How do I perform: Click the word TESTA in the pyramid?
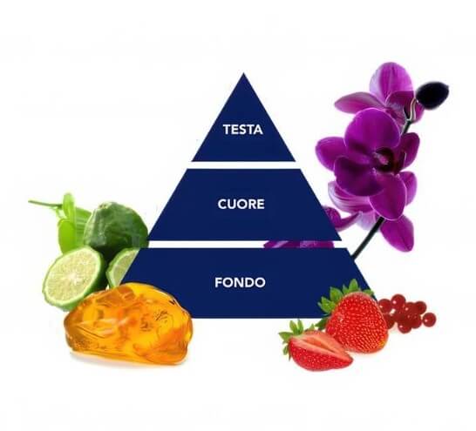(243, 130)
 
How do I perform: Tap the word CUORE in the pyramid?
(241, 204)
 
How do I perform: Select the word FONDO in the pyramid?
(240, 282)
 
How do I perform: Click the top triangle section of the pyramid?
(243, 127)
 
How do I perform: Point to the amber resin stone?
(128, 323)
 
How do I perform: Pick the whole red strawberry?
(356, 321)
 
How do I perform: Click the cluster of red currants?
(407, 313)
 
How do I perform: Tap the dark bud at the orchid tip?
(433, 94)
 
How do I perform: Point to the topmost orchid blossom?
(383, 91)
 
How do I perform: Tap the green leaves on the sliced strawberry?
(292, 333)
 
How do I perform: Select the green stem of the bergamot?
(45, 204)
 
